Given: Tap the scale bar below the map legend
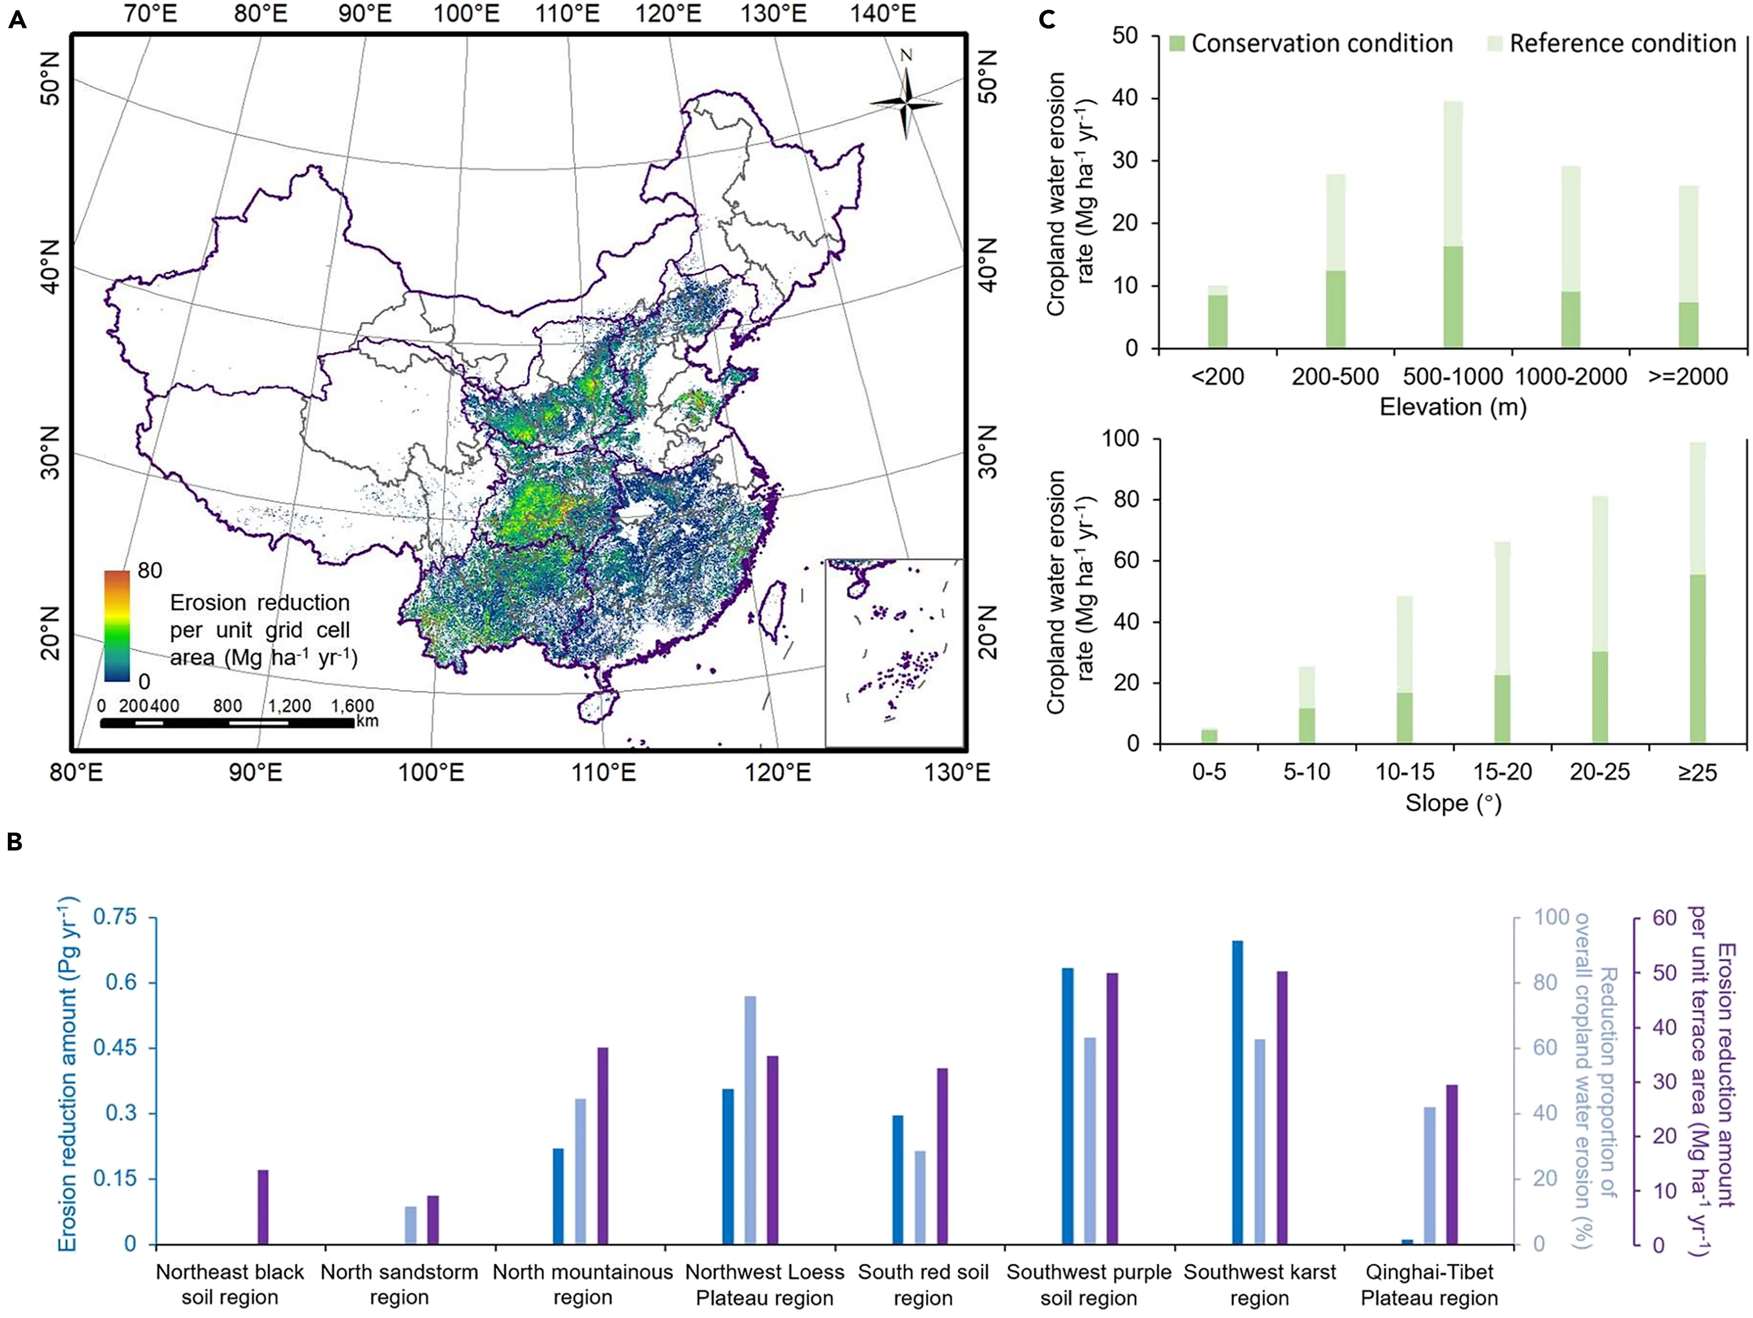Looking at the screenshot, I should [x=226, y=723].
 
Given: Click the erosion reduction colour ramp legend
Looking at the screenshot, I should [x=117, y=625].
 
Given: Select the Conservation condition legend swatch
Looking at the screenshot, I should [x=1177, y=44].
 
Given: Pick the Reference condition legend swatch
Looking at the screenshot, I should [x=1495, y=44].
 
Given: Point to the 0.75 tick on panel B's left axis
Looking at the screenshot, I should [x=117, y=918].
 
